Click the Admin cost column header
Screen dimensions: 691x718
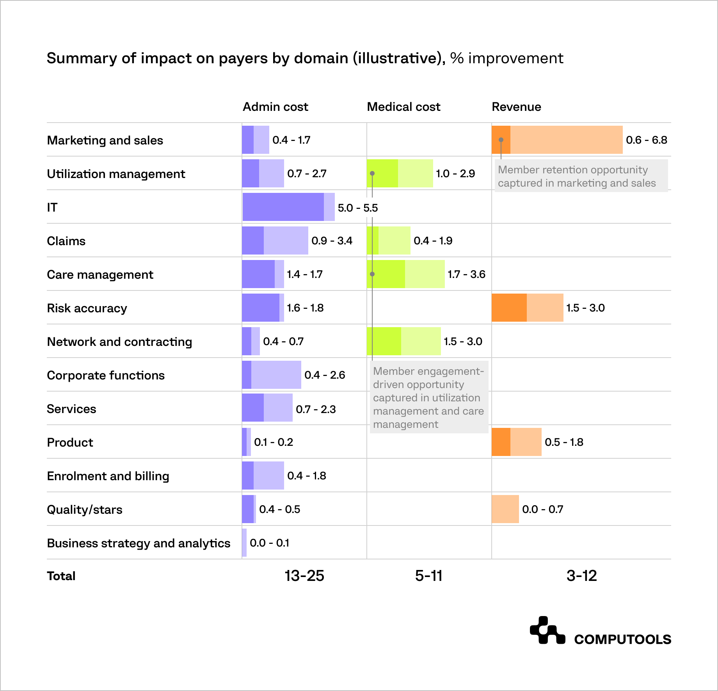(275, 107)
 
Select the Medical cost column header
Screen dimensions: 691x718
(403, 107)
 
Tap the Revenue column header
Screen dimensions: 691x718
(516, 107)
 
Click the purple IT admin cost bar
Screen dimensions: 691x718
(288, 207)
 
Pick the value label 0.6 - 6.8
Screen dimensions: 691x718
(646, 140)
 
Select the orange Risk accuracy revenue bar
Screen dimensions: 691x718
(527, 308)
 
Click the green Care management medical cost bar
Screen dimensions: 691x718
(405, 274)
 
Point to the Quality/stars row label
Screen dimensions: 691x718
(84, 509)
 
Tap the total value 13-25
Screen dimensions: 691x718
(304, 576)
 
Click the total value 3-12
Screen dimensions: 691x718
(581, 576)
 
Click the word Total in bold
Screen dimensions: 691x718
(61, 576)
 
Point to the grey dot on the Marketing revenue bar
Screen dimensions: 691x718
(501, 140)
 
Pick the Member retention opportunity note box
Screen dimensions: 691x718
(581, 176)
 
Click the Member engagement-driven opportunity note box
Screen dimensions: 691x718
(428, 397)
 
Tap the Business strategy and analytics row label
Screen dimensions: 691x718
(139, 543)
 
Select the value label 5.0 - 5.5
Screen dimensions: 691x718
(357, 208)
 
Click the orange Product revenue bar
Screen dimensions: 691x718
(516, 442)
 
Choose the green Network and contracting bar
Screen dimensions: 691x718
(403, 341)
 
